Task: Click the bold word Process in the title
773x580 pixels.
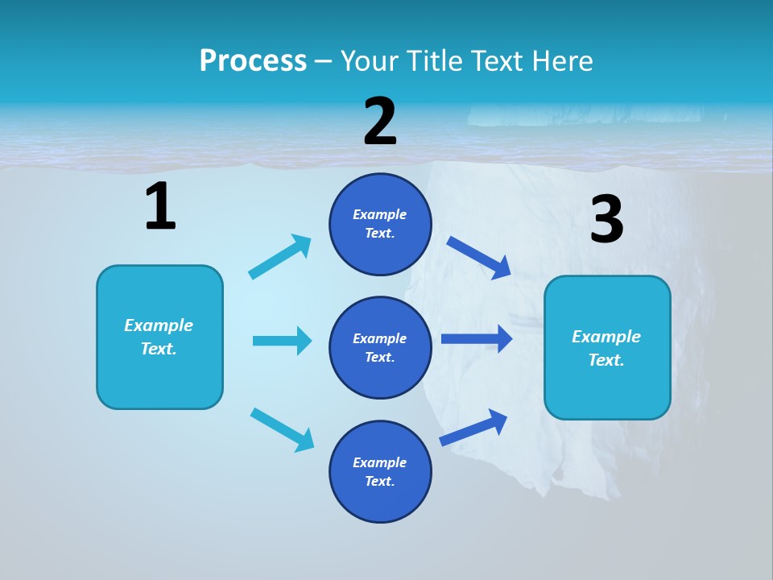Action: pos(253,61)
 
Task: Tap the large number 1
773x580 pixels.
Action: pos(160,207)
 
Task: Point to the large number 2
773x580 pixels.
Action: pos(380,122)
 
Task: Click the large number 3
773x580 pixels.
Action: pos(606,220)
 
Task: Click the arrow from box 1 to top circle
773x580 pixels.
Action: pos(280,256)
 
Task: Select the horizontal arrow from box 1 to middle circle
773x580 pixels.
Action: pos(282,341)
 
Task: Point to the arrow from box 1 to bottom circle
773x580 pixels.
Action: pos(282,429)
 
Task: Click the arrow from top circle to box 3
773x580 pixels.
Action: pos(479,257)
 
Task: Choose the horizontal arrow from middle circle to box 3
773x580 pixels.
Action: pos(476,338)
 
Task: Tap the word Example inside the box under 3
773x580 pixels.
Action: pos(606,337)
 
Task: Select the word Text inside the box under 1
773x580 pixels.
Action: pos(158,349)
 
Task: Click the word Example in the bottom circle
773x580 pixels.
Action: pos(379,462)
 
